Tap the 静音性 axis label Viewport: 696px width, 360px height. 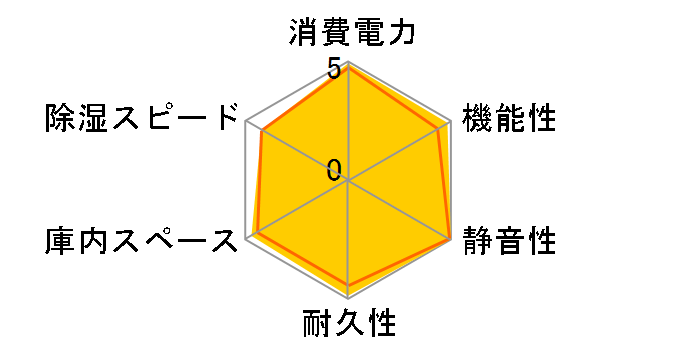pyautogui.click(x=509, y=240)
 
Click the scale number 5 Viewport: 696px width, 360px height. pyautogui.click(x=333, y=70)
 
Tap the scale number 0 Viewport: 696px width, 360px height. pyautogui.click(x=333, y=170)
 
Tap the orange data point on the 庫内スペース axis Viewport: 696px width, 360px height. pyautogui.click(x=257, y=233)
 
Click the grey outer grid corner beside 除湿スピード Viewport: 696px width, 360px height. pyautogui.click(x=247, y=123)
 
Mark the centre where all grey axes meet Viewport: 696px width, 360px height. pyautogui.click(x=348, y=181)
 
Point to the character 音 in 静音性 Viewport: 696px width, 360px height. pyautogui.click(x=509, y=240)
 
